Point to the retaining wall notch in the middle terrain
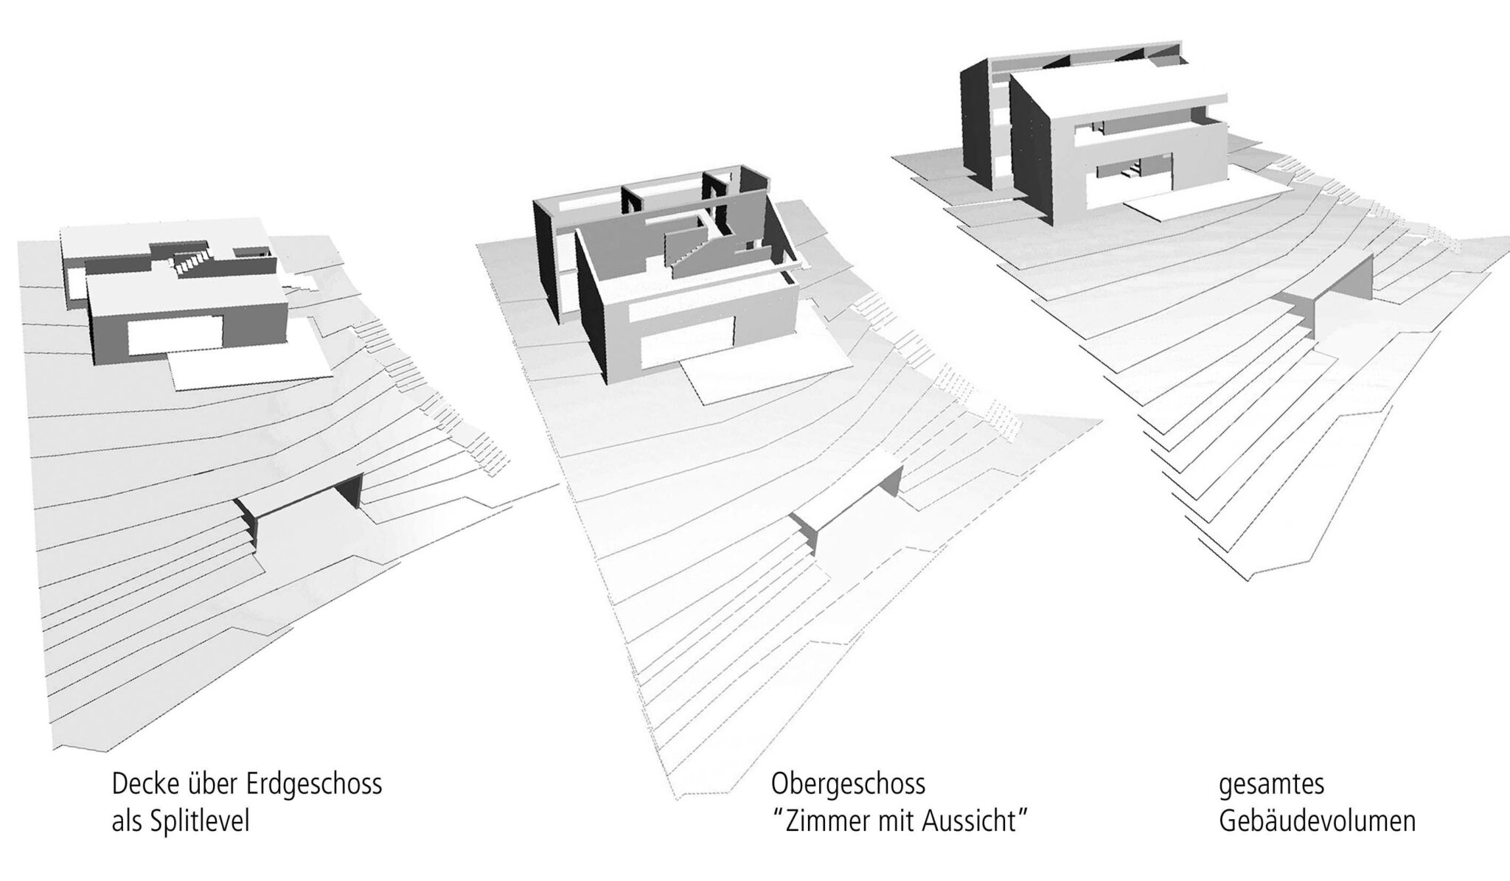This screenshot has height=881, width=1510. click(848, 509)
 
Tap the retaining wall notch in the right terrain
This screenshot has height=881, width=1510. click(1327, 291)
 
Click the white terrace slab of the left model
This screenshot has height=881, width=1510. click(251, 366)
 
